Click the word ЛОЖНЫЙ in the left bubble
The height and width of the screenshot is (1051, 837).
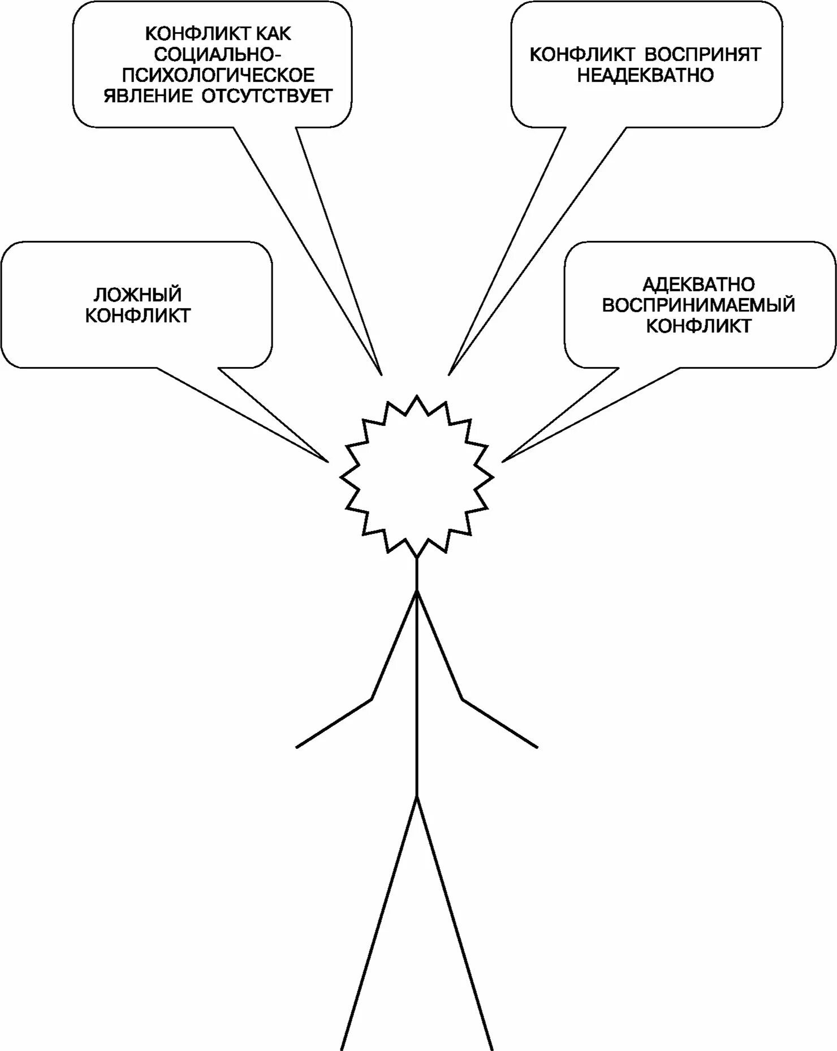pos(137,294)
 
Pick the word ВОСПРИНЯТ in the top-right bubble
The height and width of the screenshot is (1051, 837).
pos(704,54)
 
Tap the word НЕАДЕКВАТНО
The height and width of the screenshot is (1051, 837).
pos(645,75)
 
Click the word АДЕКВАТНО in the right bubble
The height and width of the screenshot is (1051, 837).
pos(698,284)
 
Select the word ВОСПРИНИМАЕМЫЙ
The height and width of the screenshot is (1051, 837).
pos(698,305)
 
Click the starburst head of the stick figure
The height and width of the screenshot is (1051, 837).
pos(417,476)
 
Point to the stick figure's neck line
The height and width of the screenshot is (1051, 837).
pos(417,574)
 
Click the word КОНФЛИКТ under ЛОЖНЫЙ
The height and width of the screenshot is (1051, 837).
pos(138,315)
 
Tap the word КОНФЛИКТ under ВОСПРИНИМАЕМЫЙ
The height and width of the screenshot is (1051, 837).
pos(698,326)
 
